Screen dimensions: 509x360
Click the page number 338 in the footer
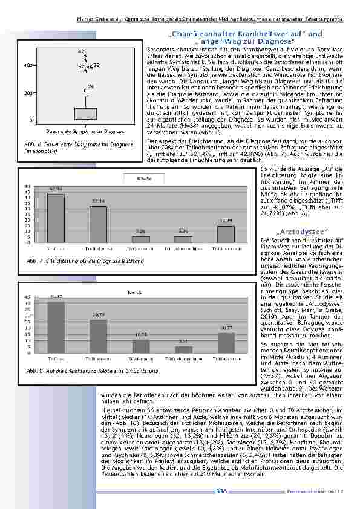click(x=221, y=491)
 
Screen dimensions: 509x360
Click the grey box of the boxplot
click(x=85, y=113)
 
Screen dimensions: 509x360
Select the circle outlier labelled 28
click(x=85, y=91)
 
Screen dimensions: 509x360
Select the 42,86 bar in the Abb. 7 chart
click(x=56, y=218)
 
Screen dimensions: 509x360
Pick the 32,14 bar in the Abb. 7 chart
click(x=98, y=224)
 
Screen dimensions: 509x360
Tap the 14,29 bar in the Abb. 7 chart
click(x=226, y=234)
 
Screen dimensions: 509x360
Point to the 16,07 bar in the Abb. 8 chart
click(x=226, y=343)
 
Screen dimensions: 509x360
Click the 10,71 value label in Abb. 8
click(x=141, y=335)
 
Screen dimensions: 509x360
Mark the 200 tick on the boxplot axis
click(x=28, y=94)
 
